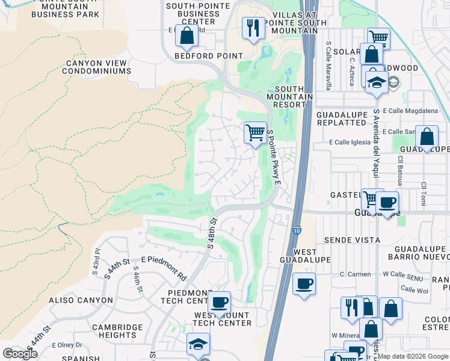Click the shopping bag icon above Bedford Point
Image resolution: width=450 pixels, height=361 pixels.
186,36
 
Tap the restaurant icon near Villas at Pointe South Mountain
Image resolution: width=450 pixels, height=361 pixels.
253,27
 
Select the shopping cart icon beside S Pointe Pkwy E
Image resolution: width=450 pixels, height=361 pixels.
255,132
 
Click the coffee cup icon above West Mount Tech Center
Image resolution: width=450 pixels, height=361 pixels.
219,302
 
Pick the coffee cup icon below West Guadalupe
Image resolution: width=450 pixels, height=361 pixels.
304,283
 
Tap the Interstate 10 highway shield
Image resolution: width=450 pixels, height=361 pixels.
297,231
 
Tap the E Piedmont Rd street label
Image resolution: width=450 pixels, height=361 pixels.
164,268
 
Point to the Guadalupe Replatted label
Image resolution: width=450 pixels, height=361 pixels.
341,118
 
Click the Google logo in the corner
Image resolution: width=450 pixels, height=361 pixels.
20,354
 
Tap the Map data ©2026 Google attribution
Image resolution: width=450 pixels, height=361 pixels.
413,356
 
